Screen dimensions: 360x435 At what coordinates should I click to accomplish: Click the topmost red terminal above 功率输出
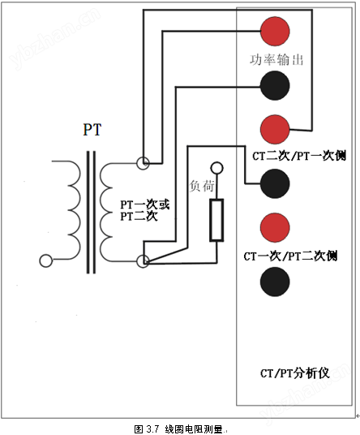click(x=275, y=31)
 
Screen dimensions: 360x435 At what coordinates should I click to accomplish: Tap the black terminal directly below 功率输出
click(x=275, y=85)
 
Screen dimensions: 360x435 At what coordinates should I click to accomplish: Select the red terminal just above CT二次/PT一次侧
click(x=275, y=130)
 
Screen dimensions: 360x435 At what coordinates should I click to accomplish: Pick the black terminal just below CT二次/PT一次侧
click(x=275, y=183)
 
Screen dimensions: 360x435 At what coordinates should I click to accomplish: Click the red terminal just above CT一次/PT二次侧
click(x=275, y=227)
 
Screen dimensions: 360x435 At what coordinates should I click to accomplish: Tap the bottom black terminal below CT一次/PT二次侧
click(x=275, y=282)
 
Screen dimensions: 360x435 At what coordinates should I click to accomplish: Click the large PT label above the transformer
click(x=92, y=130)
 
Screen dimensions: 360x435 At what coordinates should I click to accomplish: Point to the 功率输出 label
click(x=276, y=59)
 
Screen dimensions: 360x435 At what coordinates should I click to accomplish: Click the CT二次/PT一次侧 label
click(x=299, y=156)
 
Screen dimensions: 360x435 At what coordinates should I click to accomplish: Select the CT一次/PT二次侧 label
click(x=290, y=256)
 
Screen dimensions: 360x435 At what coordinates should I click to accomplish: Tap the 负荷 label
click(x=202, y=186)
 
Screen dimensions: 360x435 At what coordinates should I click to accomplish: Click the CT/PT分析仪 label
click(x=295, y=373)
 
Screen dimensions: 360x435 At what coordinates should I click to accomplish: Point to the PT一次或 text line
click(x=144, y=205)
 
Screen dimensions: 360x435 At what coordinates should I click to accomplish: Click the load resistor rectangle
click(x=216, y=220)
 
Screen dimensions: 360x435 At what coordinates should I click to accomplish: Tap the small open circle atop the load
click(x=216, y=168)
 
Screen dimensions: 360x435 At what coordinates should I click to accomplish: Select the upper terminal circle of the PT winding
click(x=143, y=163)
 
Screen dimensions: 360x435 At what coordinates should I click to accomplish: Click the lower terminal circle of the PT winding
click(x=143, y=261)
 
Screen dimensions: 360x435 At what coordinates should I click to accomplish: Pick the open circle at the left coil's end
click(x=46, y=261)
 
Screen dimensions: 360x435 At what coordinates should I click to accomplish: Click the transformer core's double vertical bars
click(x=92, y=213)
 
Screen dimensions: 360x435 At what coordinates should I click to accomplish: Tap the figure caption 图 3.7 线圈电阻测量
click(x=179, y=429)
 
